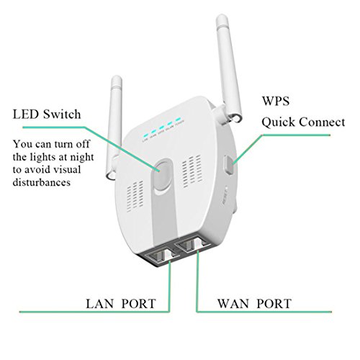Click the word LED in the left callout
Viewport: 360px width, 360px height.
[27, 114]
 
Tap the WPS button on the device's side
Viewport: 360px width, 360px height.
[229, 164]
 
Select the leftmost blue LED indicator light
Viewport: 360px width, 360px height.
[144, 134]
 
